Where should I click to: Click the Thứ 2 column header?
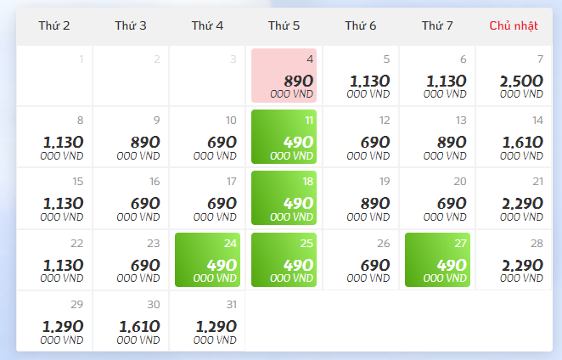pyautogui.click(x=54, y=26)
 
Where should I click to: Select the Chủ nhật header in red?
pyautogui.click(x=514, y=26)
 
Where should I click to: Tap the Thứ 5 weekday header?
pyautogui.click(x=284, y=26)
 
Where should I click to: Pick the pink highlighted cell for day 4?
pyautogui.click(x=284, y=76)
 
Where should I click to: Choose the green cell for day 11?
pyautogui.click(x=284, y=137)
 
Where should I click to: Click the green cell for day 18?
pyautogui.click(x=284, y=198)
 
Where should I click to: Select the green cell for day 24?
pyautogui.click(x=207, y=260)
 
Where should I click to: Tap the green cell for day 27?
pyautogui.click(x=437, y=260)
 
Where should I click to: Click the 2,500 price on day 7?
pyautogui.click(x=521, y=82)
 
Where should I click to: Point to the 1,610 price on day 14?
pyautogui.click(x=521, y=143)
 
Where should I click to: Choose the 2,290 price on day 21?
pyautogui.click(x=521, y=204)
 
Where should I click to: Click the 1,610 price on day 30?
pyautogui.click(x=139, y=327)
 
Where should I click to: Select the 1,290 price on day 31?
pyautogui.click(x=216, y=327)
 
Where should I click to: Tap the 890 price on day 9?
pyautogui.click(x=145, y=143)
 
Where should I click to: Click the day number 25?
pyautogui.click(x=306, y=244)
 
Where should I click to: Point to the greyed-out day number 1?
pyautogui.click(x=81, y=59)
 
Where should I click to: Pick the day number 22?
pyautogui.click(x=77, y=244)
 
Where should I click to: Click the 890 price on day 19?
pyautogui.click(x=374, y=204)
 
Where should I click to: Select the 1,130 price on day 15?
pyautogui.click(x=63, y=204)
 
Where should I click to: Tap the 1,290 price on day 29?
pyautogui.click(x=63, y=327)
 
